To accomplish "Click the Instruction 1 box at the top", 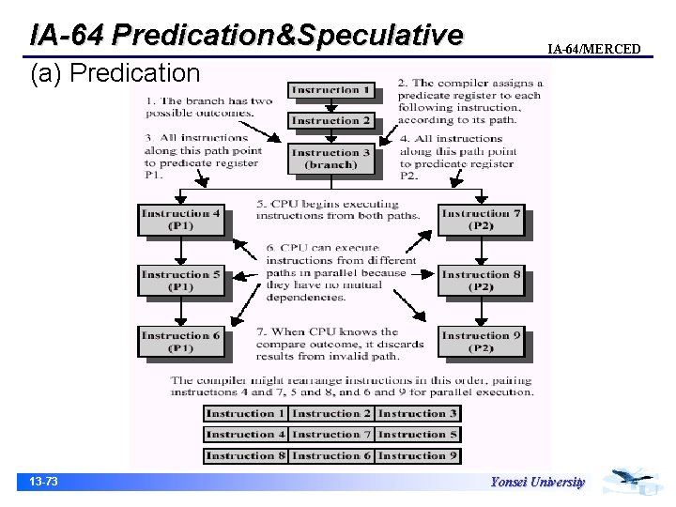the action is [331, 91].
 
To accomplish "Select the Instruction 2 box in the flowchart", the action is [331, 120].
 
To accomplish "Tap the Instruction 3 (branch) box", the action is [331, 159].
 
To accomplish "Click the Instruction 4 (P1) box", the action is [180, 220].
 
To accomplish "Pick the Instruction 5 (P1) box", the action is [180, 281].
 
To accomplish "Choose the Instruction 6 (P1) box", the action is [180, 342].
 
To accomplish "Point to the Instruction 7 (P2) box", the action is [481, 220].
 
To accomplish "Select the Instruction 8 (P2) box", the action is [481, 281].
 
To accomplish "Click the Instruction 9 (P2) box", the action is [481, 342].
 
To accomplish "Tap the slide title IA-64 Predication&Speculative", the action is [246, 35].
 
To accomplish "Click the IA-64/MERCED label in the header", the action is [594, 49].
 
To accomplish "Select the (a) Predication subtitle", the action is [115, 72].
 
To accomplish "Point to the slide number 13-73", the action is [43, 482].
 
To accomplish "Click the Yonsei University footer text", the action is [537, 483].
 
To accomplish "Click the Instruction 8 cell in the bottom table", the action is [245, 455].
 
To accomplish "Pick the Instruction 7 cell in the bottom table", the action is [331, 435].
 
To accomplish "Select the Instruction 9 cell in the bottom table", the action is [418, 455].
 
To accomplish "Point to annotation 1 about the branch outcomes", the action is [207, 106].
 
